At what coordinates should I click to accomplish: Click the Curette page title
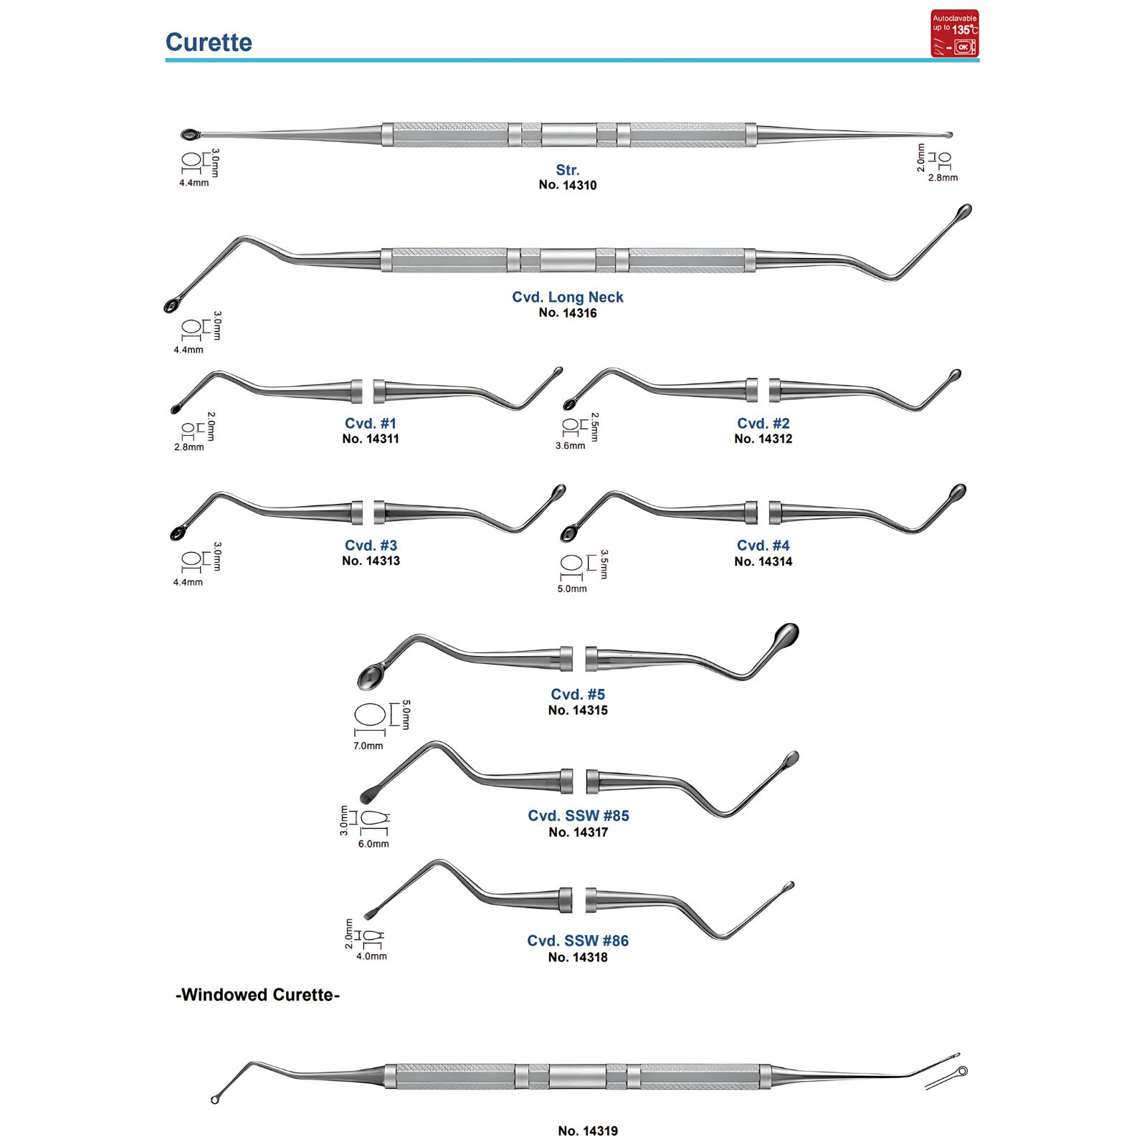point(209,42)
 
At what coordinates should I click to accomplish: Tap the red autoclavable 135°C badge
point(955,34)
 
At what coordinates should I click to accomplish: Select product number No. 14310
point(568,185)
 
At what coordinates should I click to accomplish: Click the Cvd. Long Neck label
point(568,297)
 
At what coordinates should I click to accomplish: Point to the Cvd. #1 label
point(371,424)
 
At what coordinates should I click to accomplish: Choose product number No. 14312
point(763,439)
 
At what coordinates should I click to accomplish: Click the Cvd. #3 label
point(371,546)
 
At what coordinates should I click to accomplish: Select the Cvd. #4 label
point(763,546)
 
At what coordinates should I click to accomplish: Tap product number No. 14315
point(578,710)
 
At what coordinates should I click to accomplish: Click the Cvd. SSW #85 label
point(579,816)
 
